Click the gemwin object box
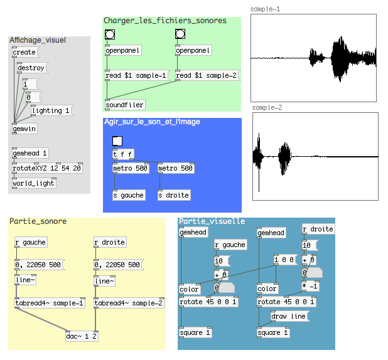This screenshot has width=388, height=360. (x=24, y=129)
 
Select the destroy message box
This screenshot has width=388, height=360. (x=33, y=68)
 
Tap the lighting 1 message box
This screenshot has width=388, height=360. (x=52, y=110)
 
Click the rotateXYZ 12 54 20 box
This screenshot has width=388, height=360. (x=47, y=168)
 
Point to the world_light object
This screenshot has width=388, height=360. (x=34, y=183)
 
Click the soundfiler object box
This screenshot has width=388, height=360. (x=125, y=105)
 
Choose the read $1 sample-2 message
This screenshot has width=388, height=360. (x=208, y=75)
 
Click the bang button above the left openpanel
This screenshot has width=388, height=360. (x=110, y=34)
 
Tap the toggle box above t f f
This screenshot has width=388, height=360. (x=117, y=141)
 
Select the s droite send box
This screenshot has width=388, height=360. (x=174, y=195)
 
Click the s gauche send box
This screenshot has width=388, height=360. (x=129, y=195)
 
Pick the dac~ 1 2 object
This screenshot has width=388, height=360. (x=82, y=336)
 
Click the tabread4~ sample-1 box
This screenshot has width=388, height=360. (x=50, y=303)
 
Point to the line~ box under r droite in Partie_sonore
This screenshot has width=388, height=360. (x=104, y=281)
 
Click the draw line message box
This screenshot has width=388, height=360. (x=290, y=316)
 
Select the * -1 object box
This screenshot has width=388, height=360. (x=310, y=286)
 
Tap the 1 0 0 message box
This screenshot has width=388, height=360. (x=286, y=260)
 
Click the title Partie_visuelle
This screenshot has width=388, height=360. (x=212, y=221)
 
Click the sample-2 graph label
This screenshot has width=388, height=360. (x=267, y=107)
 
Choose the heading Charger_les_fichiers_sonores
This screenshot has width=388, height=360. (x=165, y=21)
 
